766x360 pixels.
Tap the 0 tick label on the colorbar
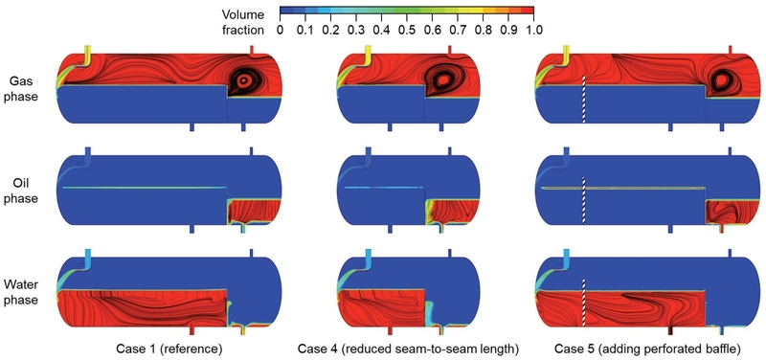[280, 30]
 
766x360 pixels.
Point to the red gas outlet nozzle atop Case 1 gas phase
[251, 48]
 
